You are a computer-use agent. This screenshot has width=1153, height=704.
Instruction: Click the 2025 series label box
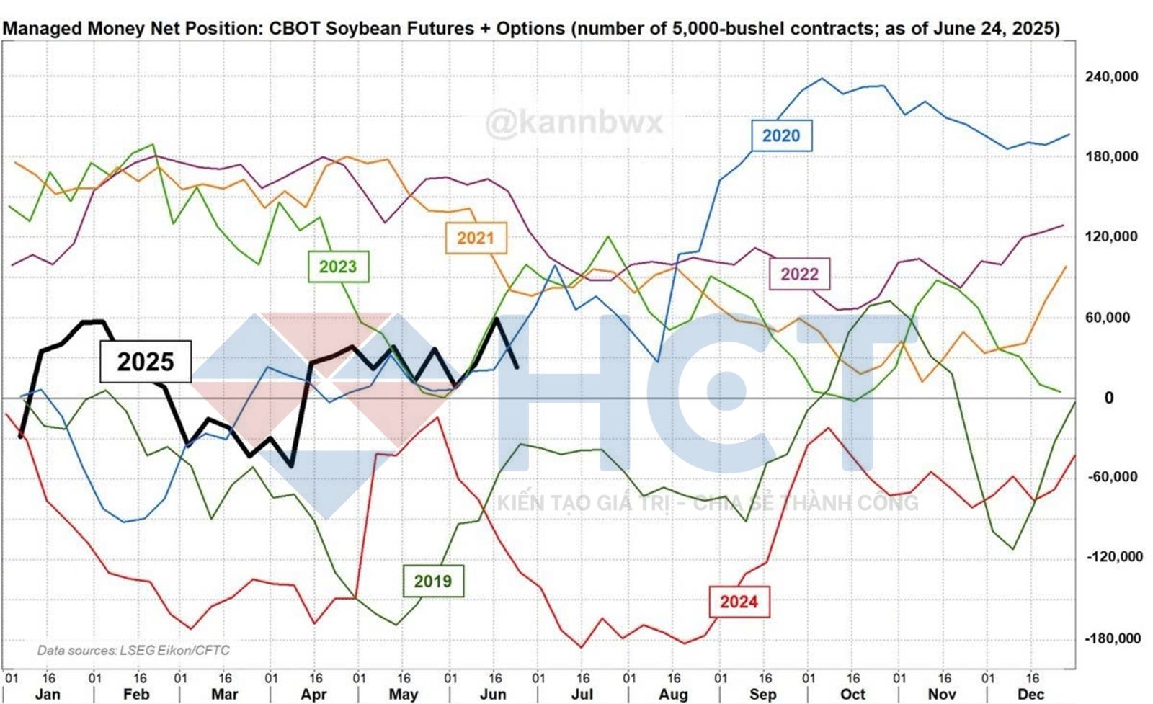point(145,361)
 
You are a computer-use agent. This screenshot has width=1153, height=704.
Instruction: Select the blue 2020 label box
point(781,135)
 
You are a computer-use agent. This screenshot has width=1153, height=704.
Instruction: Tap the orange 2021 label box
point(476,238)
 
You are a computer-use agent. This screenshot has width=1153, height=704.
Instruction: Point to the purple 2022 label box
point(799,274)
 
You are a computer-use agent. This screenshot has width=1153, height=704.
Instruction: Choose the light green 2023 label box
point(338,267)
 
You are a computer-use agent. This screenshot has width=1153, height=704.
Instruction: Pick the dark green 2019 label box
point(432,581)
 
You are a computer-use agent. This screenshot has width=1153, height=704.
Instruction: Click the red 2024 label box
point(739,602)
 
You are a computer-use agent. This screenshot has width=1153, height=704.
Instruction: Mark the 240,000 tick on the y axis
point(1112,76)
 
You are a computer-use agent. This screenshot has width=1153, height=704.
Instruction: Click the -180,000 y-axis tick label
point(1114,638)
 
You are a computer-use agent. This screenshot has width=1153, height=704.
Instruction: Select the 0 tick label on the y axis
point(1109,398)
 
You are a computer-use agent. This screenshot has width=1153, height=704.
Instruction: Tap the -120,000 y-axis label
point(1114,557)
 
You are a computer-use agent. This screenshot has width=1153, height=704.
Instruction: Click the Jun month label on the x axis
point(493,694)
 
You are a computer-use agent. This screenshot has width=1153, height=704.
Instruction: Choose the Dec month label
point(1030,694)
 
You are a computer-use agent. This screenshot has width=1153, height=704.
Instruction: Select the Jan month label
point(48,694)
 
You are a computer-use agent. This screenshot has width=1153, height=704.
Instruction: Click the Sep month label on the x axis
point(762,694)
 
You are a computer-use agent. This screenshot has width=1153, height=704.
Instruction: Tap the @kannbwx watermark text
point(574,122)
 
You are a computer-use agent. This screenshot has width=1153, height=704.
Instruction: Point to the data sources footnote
point(133,650)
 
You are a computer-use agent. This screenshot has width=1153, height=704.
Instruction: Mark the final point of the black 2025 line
point(517,368)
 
